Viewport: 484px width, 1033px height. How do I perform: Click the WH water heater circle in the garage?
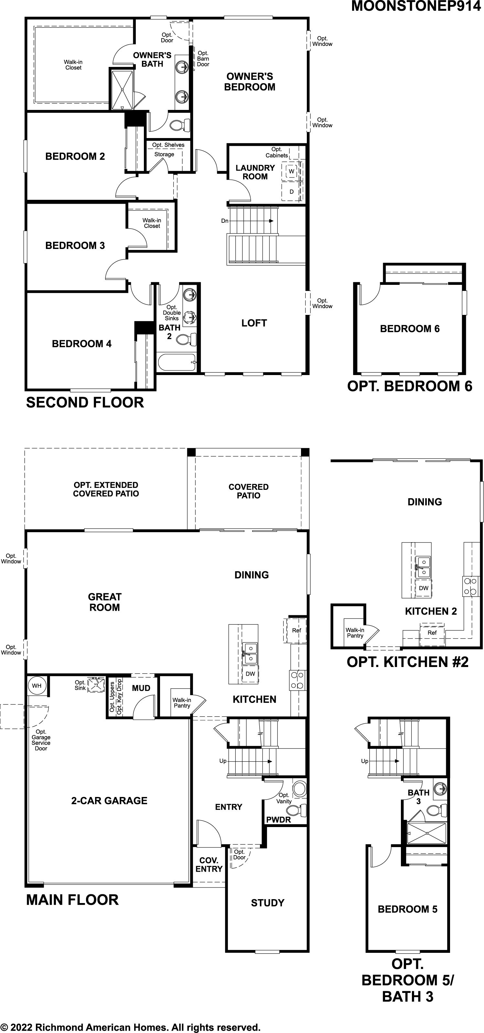[x=37, y=685]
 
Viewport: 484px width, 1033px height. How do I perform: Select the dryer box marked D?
[x=292, y=192]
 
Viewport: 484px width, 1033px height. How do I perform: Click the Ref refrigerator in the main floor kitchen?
[x=296, y=630]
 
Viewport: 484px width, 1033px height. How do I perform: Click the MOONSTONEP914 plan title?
[x=416, y=6]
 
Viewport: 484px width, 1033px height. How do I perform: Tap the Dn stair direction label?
[x=225, y=221]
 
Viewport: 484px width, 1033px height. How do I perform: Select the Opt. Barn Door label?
[x=203, y=59]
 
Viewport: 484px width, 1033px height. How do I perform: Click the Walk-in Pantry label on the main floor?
[x=182, y=703]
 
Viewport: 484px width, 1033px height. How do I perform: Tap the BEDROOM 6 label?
[x=410, y=329]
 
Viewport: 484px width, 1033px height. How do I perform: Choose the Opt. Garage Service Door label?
[x=41, y=740]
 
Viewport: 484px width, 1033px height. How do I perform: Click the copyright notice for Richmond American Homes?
[x=130, y=1027]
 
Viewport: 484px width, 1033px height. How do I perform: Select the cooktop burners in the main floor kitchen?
[x=297, y=680]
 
